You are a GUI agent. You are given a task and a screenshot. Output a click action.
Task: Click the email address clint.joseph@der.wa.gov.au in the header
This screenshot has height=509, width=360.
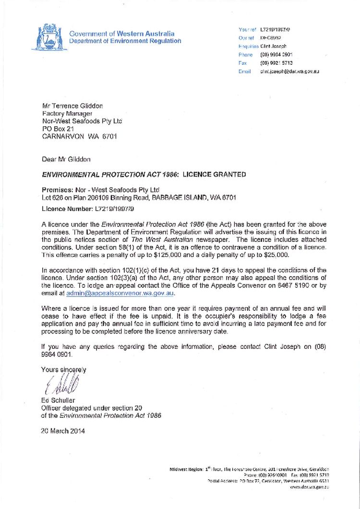tap(289, 71)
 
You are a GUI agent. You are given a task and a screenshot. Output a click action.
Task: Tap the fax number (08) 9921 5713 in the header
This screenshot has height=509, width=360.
tap(276, 63)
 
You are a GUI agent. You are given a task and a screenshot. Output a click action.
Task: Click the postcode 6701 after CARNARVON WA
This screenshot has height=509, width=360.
tap(109, 136)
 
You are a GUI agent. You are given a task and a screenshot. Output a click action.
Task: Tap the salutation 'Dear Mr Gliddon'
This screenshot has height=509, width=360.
tap(66, 159)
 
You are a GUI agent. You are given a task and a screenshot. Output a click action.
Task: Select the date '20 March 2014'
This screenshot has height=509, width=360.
tap(63, 431)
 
